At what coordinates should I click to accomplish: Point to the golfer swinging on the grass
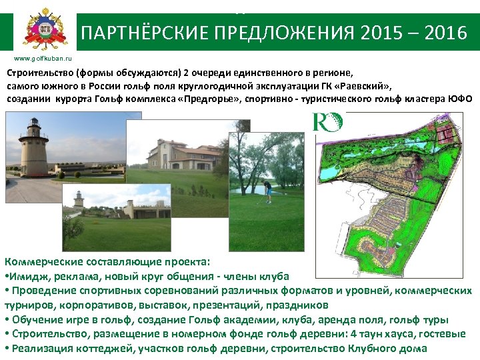tap(267, 191)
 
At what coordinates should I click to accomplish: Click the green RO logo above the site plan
tap(327, 122)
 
